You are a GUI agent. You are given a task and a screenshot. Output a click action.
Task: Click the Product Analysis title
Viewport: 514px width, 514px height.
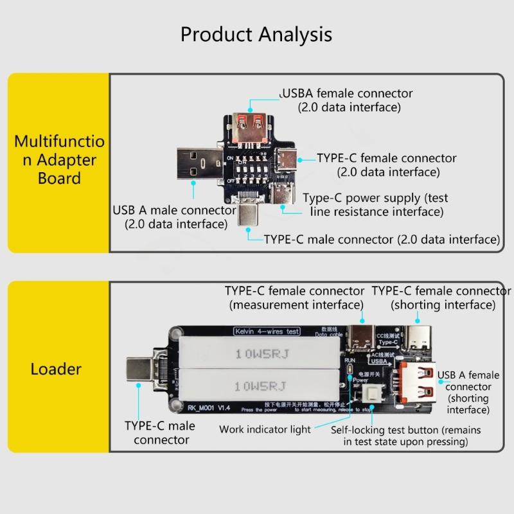(x=256, y=34)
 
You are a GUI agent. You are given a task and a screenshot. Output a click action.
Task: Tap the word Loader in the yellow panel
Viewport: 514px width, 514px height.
(x=56, y=369)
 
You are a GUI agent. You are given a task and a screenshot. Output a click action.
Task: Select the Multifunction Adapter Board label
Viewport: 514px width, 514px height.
(x=58, y=159)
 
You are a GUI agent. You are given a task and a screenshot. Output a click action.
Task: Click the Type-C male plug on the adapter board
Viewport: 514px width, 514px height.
(x=249, y=213)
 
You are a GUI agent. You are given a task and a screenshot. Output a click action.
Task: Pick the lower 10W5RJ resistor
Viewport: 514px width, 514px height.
(x=260, y=386)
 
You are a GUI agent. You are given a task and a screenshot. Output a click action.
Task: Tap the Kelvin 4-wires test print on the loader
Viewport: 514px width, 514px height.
(x=267, y=332)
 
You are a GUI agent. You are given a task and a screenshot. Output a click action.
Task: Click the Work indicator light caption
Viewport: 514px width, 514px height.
(x=265, y=429)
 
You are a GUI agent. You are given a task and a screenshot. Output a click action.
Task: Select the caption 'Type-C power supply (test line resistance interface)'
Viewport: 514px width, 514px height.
(x=376, y=204)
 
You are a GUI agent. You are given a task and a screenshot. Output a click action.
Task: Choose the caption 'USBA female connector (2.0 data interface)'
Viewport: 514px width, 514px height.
(x=347, y=100)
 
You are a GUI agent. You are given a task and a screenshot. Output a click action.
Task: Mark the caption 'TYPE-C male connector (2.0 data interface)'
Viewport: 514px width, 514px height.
(x=382, y=239)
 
